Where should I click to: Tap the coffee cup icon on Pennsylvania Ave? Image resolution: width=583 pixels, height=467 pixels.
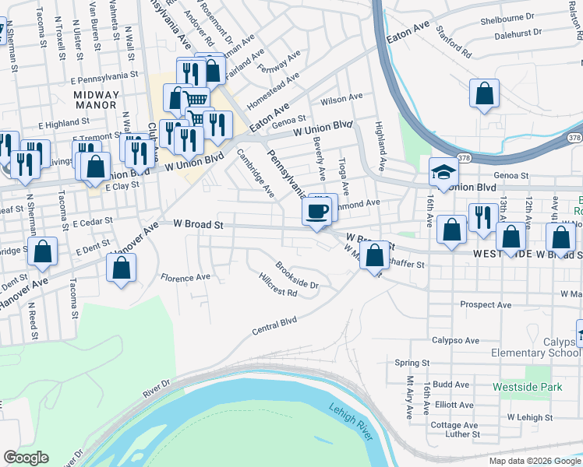pyautogui.click(x=316, y=211)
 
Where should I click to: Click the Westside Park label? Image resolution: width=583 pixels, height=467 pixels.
pyautogui.click(x=528, y=386)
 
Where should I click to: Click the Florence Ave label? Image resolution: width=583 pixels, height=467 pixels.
pyautogui.click(x=185, y=277)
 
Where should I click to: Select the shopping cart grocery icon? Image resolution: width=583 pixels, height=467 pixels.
pyautogui.click(x=196, y=99)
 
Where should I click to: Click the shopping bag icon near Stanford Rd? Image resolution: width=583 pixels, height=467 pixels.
pyautogui.click(x=484, y=93)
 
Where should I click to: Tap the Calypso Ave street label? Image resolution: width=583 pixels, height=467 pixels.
pyautogui.click(x=456, y=340)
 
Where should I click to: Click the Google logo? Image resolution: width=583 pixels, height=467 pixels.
pyautogui.click(x=26, y=458)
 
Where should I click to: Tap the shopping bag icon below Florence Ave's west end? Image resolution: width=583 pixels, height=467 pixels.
pyautogui.click(x=121, y=269)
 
